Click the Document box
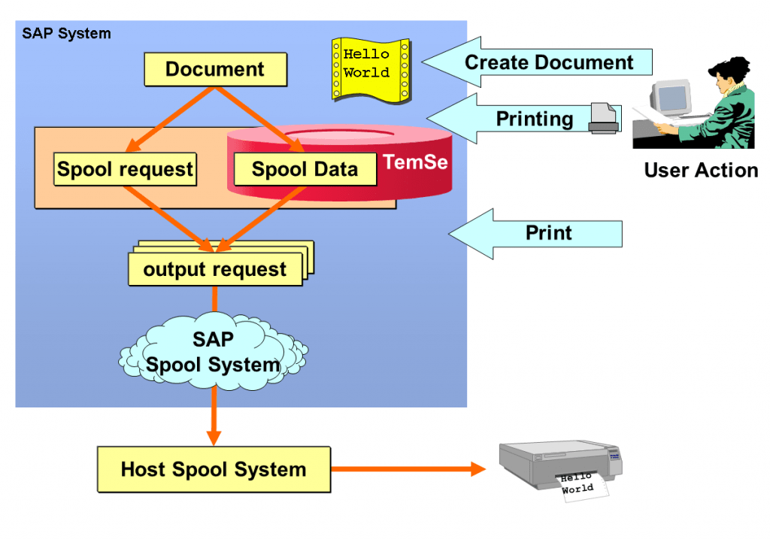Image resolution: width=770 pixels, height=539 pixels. point(215,69)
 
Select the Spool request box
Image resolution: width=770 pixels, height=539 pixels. point(125,168)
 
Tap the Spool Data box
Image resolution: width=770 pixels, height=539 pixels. point(305,168)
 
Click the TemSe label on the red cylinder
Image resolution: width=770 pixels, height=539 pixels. point(415,162)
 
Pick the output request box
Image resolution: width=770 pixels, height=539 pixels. point(215,269)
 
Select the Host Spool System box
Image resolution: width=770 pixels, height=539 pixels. point(214,470)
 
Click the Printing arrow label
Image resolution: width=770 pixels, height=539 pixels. point(535,119)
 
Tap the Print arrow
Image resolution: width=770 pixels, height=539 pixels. point(547,233)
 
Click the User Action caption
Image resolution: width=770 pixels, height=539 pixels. point(701,170)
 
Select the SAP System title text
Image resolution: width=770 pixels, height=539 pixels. point(66,33)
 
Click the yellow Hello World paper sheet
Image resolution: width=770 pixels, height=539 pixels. point(369,68)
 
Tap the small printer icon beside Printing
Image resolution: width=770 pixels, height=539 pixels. point(604,118)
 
